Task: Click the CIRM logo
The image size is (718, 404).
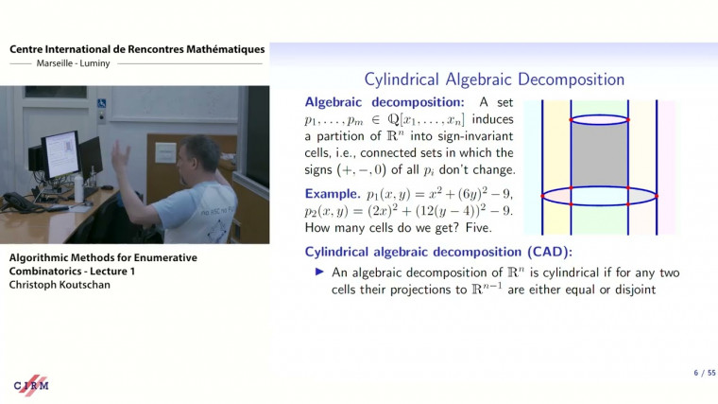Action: click(x=31, y=385)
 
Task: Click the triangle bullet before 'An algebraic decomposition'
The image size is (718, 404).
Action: click(x=319, y=272)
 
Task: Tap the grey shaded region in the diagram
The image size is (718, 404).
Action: click(x=599, y=156)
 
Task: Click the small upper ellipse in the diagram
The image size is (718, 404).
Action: click(x=599, y=120)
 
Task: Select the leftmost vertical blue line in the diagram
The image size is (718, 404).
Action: click(x=543, y=167)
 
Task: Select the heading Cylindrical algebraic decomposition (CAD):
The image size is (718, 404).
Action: click(x=439, y=252)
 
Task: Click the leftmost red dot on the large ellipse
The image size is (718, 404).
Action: click(x=543, y=195)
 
